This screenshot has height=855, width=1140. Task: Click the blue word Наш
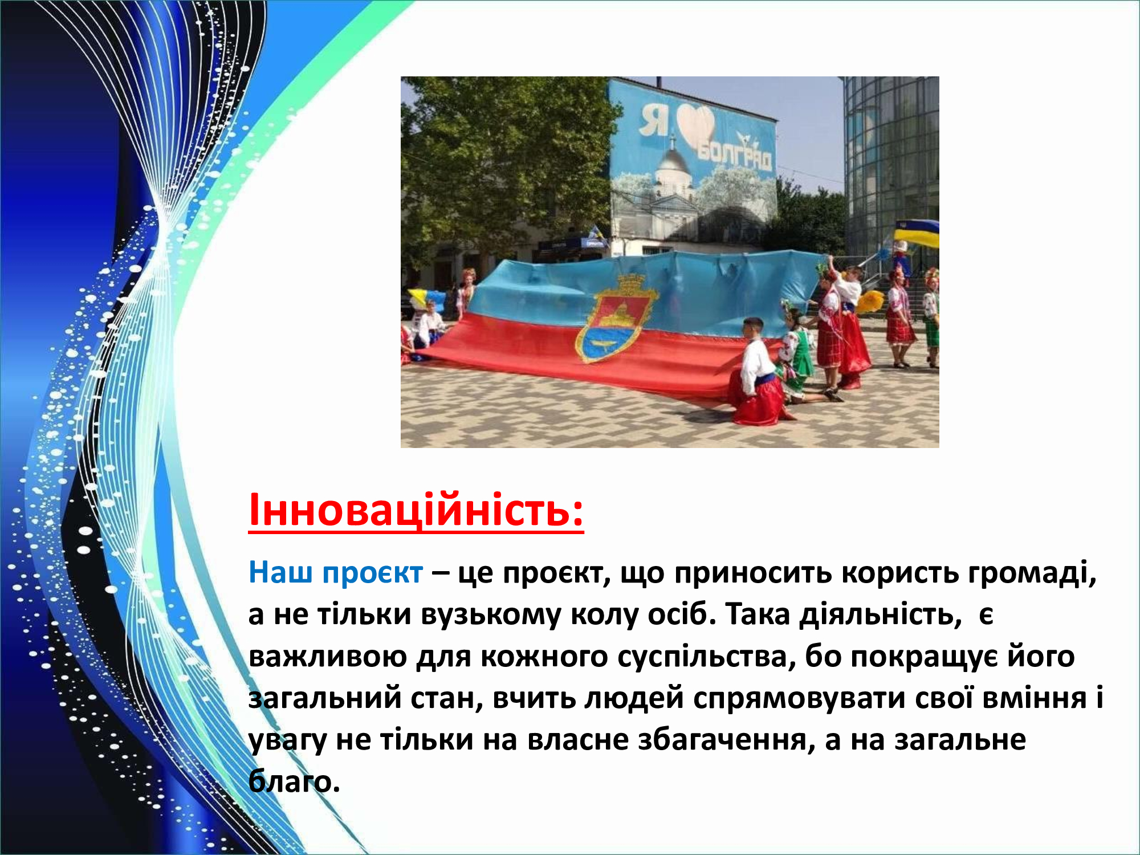click(281, 572)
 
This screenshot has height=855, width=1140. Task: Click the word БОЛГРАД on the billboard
click(735, 154)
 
